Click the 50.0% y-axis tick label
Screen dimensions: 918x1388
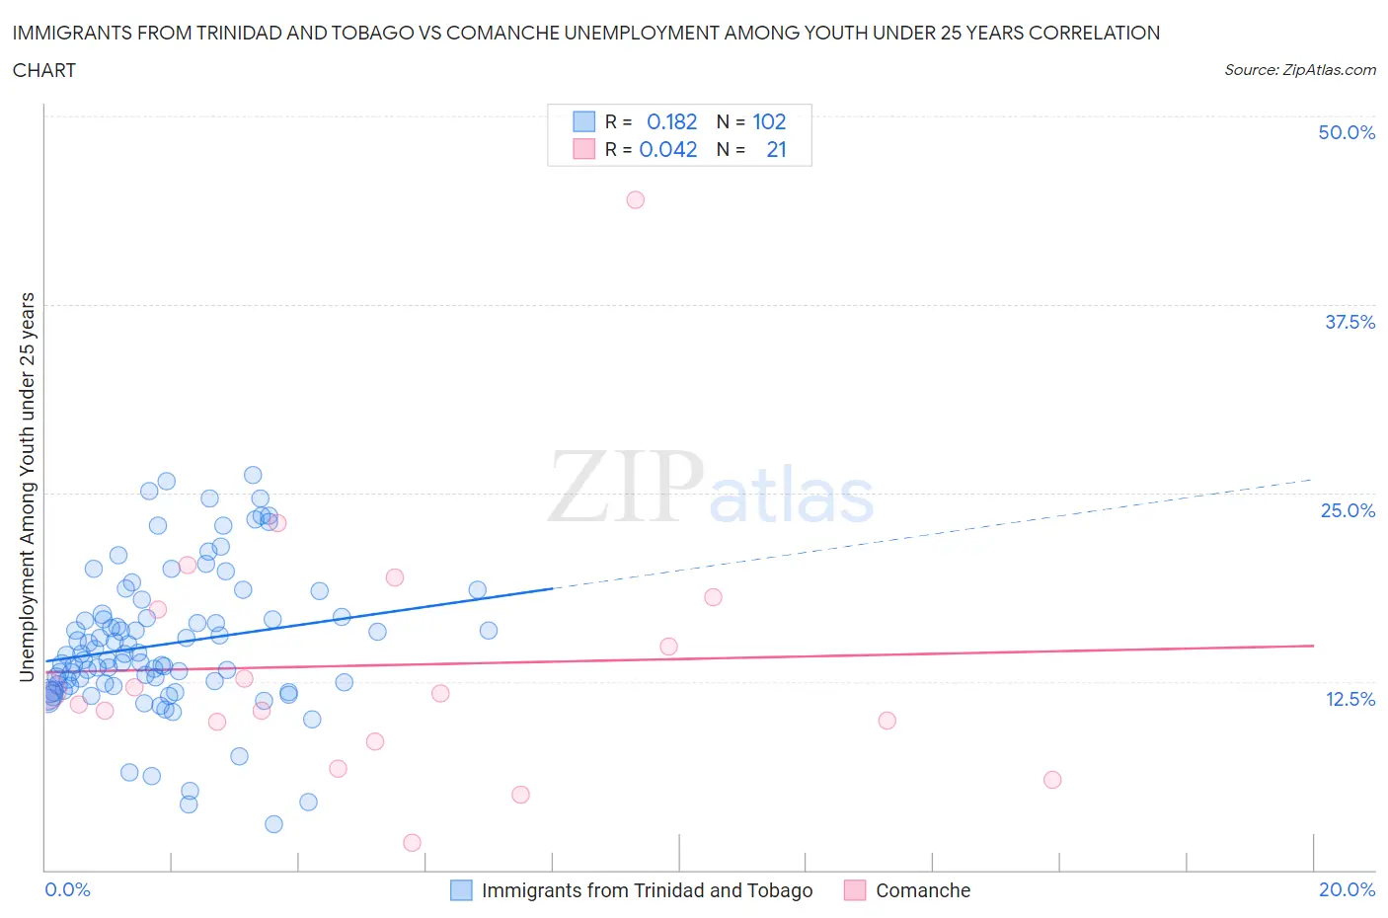(1347, 132)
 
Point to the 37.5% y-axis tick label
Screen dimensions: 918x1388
(1349, 322)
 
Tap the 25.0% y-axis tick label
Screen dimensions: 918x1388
(1348, 510)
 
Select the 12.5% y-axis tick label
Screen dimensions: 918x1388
(1349, 699)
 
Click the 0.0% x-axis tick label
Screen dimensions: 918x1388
(67, 889)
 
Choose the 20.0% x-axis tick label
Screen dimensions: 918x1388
(1347, 889)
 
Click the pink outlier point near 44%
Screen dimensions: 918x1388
(636, 199)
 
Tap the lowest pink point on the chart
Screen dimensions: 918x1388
(413, 842)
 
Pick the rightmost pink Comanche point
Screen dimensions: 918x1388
(1052, 780)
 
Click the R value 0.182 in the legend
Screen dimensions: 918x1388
(671, 121)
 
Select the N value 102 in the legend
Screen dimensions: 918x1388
(769, 121)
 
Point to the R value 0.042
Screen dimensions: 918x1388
(668, 149)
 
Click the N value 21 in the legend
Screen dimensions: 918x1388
(776, 149)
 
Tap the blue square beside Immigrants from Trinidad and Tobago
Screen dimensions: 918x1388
(461, 890)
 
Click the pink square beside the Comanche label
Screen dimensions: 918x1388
(855, 890)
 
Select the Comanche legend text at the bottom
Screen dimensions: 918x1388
(923, 890)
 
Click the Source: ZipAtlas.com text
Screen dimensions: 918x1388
(1299, 69)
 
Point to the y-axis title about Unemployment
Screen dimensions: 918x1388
(28, 487)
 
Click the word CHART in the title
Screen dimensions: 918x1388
(44, 70)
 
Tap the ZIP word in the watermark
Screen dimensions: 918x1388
(626, 486)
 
